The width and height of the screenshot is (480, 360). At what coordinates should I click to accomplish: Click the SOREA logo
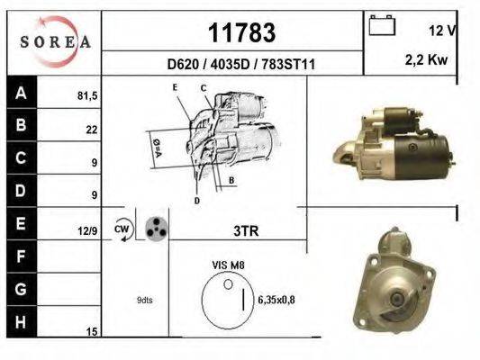[x=55, y=41]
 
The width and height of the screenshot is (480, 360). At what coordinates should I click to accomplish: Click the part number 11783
[x=241, y=32]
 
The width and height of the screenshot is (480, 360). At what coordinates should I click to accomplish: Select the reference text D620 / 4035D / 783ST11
[x=240, y=64]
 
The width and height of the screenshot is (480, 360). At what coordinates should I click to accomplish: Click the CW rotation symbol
[x=122, y=230]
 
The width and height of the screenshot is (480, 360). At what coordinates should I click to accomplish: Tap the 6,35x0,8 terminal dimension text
[x=276, y=300]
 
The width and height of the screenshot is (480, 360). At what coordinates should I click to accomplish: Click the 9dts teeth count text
[x=145, y=300]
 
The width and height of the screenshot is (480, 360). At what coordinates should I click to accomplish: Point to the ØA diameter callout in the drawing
[x=158, y=146]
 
